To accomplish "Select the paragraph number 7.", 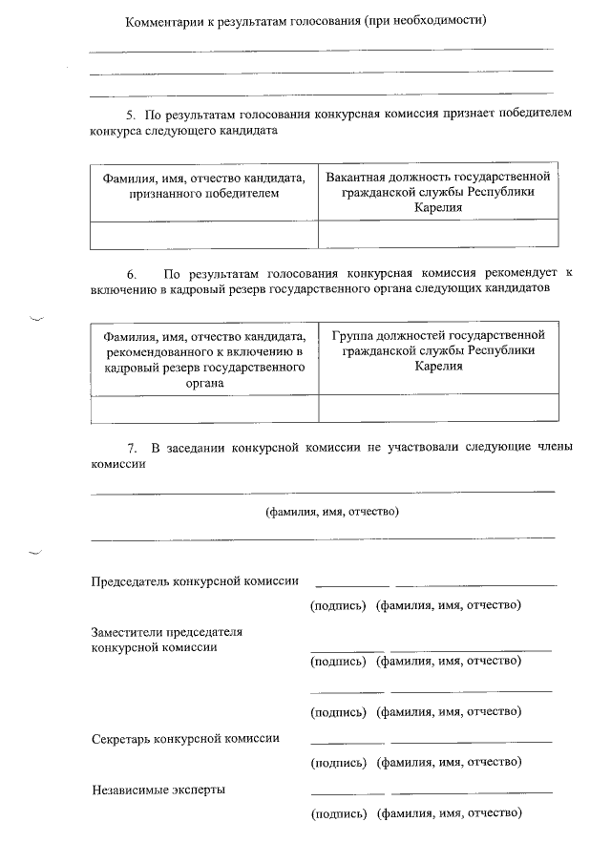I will pos(132,449).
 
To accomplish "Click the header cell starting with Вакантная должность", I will pos(438,192).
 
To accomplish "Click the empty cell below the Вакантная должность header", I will pos(438,235).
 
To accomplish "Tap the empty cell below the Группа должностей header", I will pos(438,408).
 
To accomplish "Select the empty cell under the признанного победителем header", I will pos(203,235).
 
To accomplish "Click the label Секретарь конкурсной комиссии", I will pos(185,738).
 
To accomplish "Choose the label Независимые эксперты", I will pos(158,790).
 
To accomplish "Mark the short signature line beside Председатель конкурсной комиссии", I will pos(351,584).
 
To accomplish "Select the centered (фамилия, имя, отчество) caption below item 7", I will pos(331,511).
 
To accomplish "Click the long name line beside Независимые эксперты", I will pos(472,792).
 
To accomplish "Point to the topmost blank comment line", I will pos(321,49).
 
